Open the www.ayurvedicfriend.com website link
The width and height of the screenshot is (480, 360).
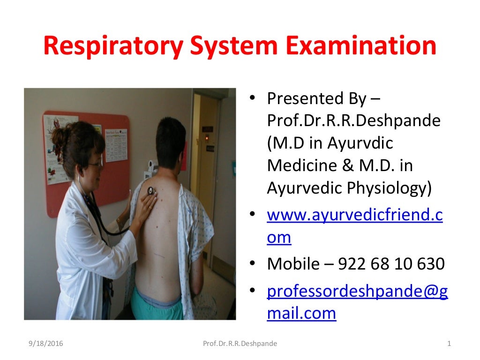[x=354, y=215]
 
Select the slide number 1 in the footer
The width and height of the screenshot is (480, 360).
[x=449, y=344]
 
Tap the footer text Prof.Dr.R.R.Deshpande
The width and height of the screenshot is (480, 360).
[x=240, y=344]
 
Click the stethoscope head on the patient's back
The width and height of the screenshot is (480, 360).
[x=151, y=190]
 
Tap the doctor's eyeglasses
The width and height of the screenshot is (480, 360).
[x=94, y=164]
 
